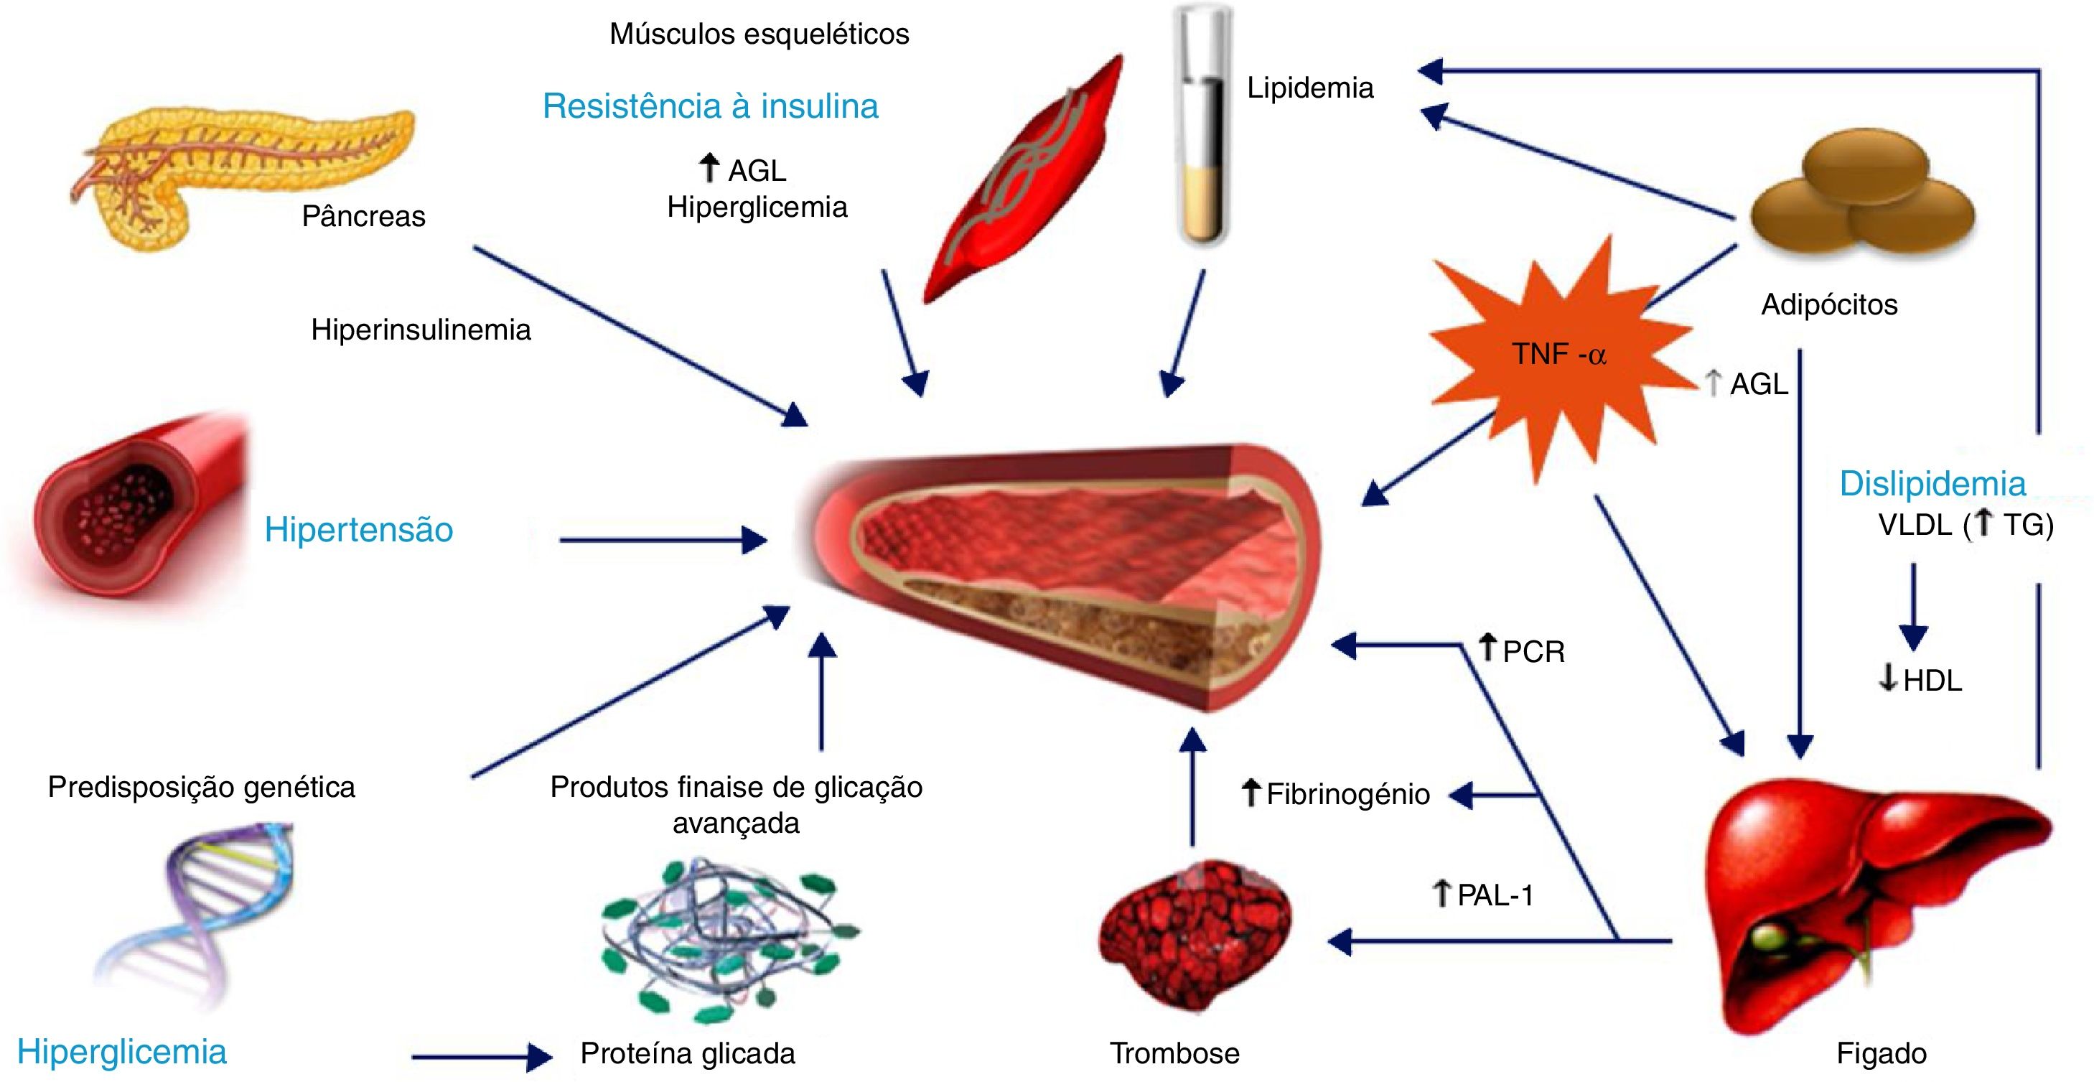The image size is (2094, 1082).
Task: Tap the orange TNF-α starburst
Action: [1556, 355]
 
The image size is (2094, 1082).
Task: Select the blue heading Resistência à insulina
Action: [711, 106]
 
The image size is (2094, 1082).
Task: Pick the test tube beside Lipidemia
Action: [1204, 130]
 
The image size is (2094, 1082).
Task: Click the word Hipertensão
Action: [358, 530]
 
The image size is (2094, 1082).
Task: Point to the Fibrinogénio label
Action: [1347, 794]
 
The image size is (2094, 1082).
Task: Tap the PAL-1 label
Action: [1494, 895]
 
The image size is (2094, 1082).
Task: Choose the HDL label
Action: [1932, 681]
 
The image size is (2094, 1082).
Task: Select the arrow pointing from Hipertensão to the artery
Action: [663, 540]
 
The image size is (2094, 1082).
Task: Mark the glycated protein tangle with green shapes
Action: [727, 943]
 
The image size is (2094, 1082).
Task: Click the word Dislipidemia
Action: [1932, 485]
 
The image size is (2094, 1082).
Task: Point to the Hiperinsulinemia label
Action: [421, 330]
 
